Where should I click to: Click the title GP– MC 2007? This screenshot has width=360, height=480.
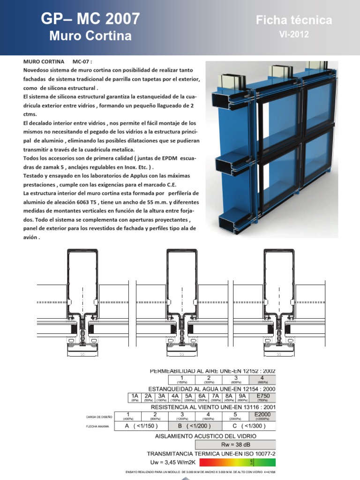tap(90, 19)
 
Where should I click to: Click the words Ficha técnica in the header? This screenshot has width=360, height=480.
tap(294, 20)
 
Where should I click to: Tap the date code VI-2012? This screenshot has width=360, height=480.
tap(294, 35)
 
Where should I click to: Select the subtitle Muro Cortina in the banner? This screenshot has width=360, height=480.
tap(90, 36)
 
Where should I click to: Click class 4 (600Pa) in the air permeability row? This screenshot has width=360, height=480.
tap(262, 380)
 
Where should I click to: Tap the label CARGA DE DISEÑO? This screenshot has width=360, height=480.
tap(98, 417)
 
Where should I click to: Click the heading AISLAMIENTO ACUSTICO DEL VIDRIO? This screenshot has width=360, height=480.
tap(206, 436)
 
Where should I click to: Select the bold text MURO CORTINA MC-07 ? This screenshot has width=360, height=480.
tap(59, 61)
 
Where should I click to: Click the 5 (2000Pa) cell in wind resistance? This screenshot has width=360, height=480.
tap(234, 416)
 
